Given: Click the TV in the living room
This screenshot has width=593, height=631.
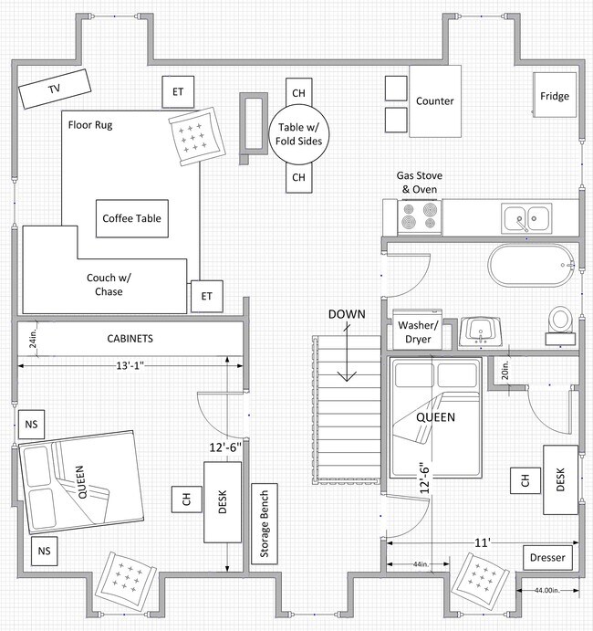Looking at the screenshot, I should pos(55,89).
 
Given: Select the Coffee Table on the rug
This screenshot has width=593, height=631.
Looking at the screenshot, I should pos(131,218).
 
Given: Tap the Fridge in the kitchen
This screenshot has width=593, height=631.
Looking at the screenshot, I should pos(555,96).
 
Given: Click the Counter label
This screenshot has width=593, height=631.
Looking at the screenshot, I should pos(434,101).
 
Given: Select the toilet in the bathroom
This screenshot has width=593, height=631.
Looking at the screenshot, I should pos(558,321).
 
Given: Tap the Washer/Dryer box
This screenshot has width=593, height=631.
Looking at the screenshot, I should pos(419,332).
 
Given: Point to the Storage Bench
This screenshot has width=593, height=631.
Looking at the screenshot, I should pos(265,523).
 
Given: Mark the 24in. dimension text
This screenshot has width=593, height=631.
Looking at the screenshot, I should pos(31,339).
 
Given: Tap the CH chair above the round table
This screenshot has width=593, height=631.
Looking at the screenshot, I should pos(297,92).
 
